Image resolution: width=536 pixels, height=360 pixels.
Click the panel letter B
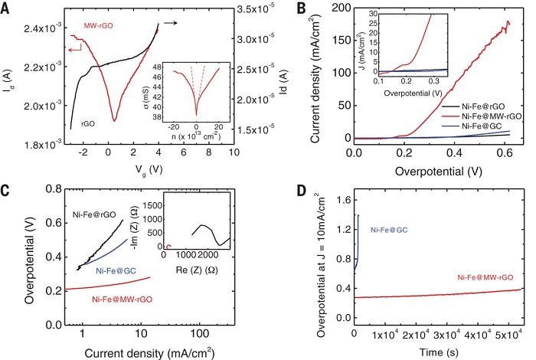click(x=281, y=8)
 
